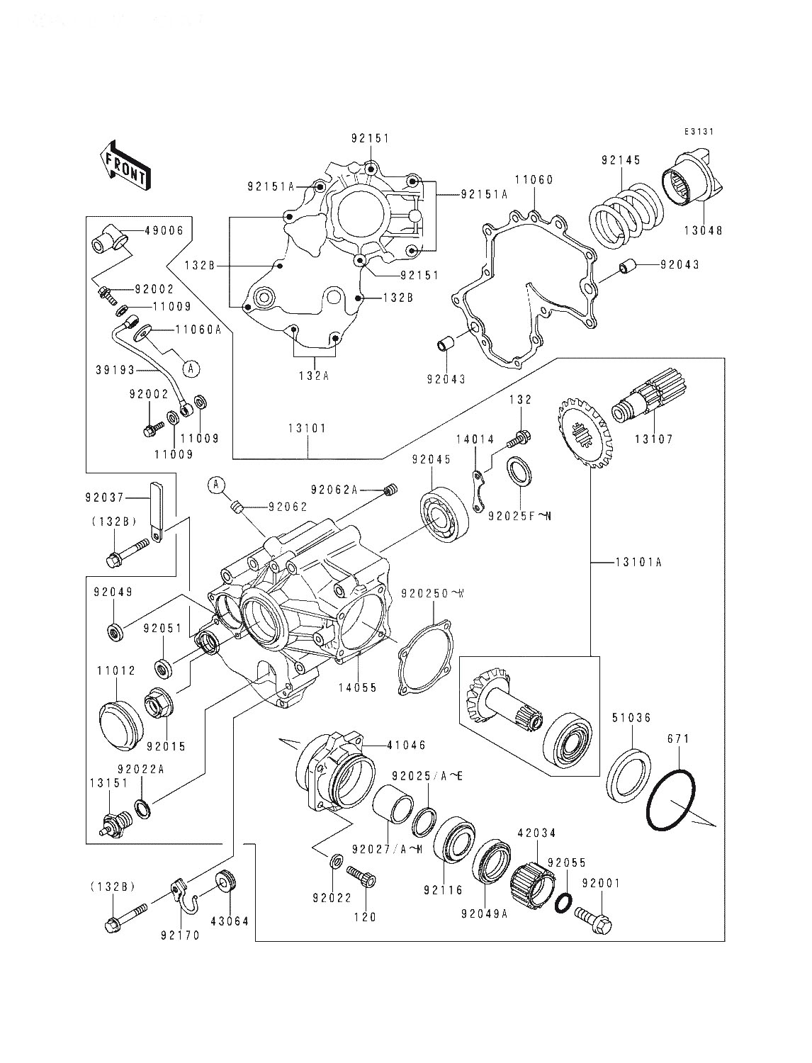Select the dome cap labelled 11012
[120, 724]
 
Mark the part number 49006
[164, 230]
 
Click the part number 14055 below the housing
[357, 687]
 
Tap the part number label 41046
[407, 745]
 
